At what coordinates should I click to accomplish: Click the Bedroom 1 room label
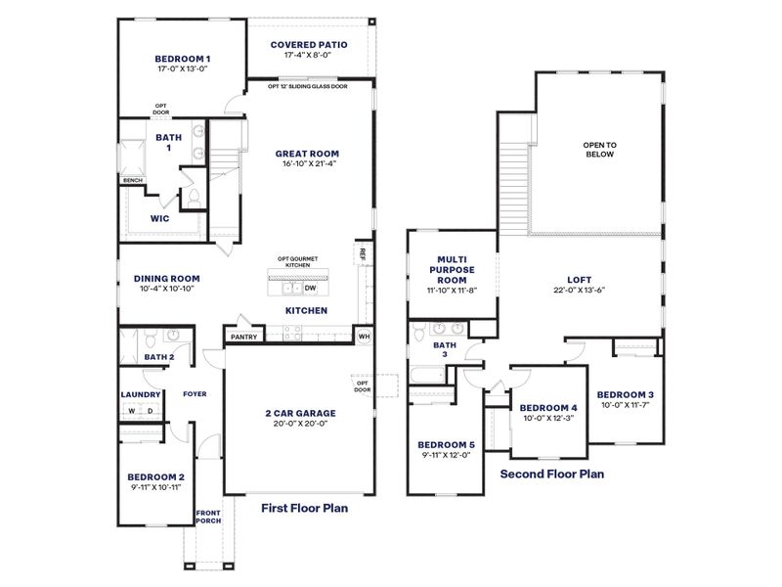pos(183,58)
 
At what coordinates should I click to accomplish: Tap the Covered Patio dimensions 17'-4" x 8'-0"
pos(308,56)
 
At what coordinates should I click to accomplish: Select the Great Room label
pos(307,154)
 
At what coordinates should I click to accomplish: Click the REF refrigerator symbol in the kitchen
pos(363,252)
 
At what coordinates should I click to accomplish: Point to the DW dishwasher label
pos(309,289)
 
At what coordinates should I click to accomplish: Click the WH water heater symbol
pos(364,336)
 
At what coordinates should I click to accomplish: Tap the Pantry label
pos(243,337)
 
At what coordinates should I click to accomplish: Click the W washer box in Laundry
pos(131,411)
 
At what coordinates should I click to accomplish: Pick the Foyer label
pos(195,394)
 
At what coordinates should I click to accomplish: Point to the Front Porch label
pos(207,517)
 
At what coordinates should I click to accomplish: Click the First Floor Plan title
pos(304,508)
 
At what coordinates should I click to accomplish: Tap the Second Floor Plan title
pos(551,474)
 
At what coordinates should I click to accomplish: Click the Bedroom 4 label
pos(547,407)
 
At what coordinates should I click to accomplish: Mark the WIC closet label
pos(159,219)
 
